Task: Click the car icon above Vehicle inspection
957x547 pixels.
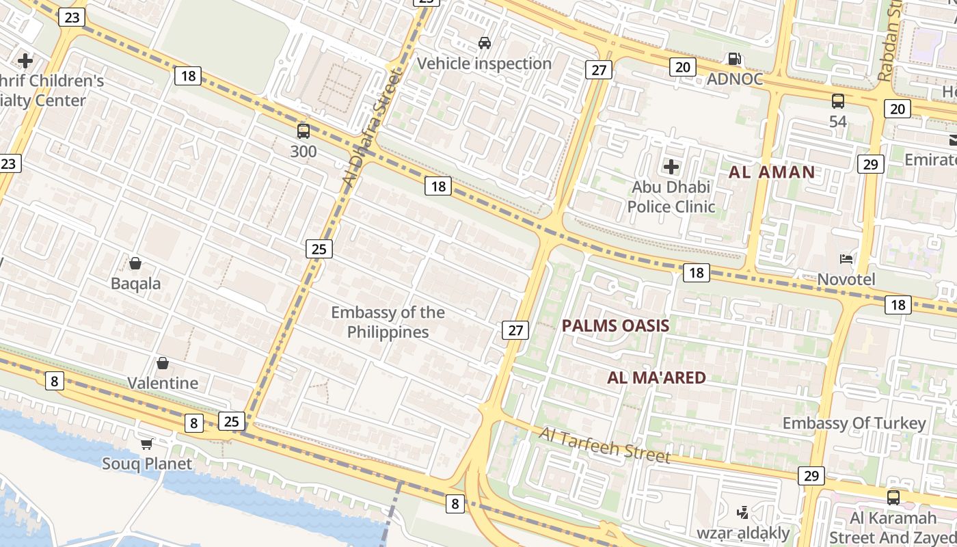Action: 485,43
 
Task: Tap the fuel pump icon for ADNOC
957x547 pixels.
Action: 735,59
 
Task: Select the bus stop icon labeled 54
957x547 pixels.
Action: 838,101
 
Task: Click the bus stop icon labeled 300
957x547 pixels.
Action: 304,131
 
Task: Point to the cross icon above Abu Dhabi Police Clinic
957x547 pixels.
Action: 671,166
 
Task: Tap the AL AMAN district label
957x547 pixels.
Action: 772,172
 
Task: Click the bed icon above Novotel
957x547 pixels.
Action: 846,259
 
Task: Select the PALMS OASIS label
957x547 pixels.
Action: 615,325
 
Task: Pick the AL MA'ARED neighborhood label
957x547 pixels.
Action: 656,377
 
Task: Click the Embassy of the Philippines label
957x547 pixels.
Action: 388,322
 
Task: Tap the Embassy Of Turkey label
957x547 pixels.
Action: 854,423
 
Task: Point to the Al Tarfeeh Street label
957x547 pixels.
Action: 604,444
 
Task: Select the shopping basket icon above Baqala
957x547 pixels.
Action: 135,263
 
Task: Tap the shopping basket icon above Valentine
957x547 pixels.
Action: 163,363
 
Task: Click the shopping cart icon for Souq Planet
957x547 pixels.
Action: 146,444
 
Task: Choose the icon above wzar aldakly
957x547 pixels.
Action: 742,512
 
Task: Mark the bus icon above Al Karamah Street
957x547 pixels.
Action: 893,497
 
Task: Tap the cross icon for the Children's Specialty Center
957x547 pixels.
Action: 25,61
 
